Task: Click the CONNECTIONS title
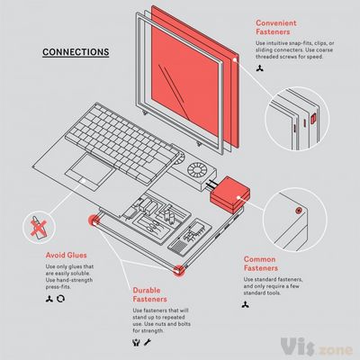[76, 52]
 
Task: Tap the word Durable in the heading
[148, 291]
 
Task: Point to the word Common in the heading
[262, 258]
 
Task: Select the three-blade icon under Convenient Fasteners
[261, 68]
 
